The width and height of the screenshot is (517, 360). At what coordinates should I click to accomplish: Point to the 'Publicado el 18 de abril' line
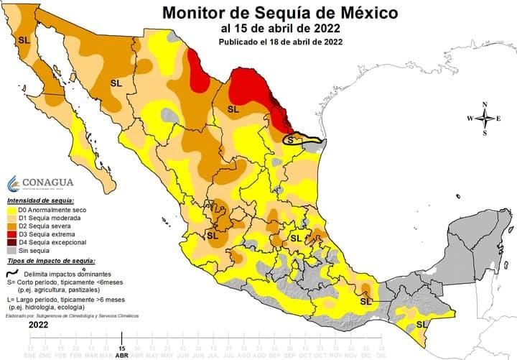tap(281, 42)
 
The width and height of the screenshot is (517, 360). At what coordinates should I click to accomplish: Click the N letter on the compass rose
tap(485, 104)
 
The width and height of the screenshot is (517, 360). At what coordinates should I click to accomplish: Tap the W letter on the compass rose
tap(470, 119)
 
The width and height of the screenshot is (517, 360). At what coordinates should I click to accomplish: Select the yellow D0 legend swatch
tap(11, 208)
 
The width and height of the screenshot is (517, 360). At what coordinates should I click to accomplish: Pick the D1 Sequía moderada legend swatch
tap(11, 217)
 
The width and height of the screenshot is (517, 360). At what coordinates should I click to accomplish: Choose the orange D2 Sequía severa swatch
tap(11, 226)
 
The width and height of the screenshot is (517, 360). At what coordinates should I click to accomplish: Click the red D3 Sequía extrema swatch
tap(11, 234)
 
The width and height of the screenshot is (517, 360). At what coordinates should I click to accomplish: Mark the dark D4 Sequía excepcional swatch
tap(11, 243)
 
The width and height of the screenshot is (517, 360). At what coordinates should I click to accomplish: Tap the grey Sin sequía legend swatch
tap(11, 251)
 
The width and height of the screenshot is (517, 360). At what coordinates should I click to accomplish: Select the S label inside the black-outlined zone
tap(290, 141)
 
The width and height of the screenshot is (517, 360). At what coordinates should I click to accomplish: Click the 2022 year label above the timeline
tap(39, 325)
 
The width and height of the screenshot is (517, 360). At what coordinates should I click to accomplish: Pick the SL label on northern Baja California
tap(25, 39)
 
